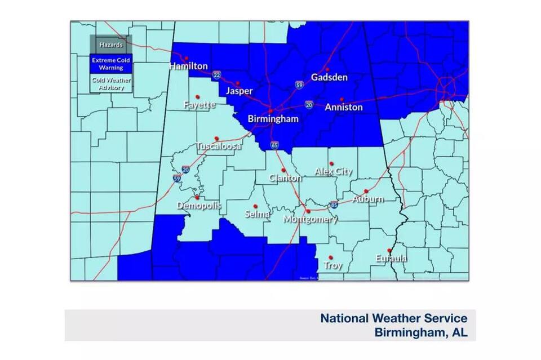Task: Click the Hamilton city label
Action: (189, 66)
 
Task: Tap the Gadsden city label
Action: (329, 78)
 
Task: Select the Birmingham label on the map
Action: (273, 119)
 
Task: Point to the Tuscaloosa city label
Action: (218, 146)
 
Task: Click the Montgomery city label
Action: (310, 219)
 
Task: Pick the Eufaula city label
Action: (391, 259)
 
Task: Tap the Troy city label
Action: (332, 265)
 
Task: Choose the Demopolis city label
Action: (198, 206)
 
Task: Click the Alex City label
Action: (333, 171)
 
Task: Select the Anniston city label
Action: (344, 107)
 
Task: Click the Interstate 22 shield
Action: (216, 74)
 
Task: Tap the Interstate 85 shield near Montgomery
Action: (334, 205)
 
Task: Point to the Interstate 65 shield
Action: (274, 145)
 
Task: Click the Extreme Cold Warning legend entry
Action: (111, 64)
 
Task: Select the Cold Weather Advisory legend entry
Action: (111, 83)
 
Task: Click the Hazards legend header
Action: (111, 45)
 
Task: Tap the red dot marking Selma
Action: (255, 206)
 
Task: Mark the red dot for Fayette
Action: (197, 97)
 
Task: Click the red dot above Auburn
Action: (366, 191)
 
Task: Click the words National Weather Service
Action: (393, 318)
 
